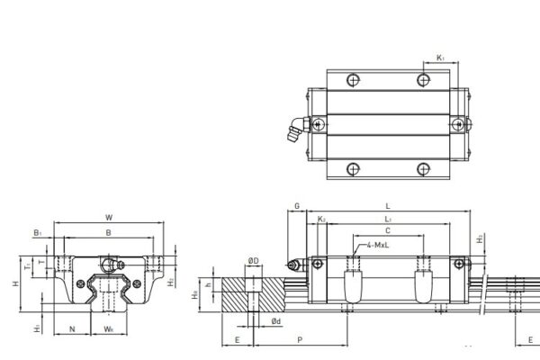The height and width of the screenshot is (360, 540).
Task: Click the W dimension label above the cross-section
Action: [x=109, y=217]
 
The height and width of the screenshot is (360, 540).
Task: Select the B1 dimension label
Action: [x=37, y=233]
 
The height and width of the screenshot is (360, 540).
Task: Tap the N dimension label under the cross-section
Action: [x=72, y=329]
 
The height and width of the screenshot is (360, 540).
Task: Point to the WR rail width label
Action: [x=108, y=329]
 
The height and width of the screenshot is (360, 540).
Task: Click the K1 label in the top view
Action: [x=440, y=58]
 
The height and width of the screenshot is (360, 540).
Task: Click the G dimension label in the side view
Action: [x=297, y=205]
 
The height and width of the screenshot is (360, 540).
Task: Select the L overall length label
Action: [x=387, y=205]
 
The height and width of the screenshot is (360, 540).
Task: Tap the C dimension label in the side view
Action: [x=387, y=231]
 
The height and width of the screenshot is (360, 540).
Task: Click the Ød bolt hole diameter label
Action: [x=276, y=320]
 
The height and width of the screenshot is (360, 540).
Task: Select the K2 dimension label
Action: [x=321, y=219]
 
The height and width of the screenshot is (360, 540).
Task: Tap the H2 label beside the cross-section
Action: [x=171, y=282]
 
